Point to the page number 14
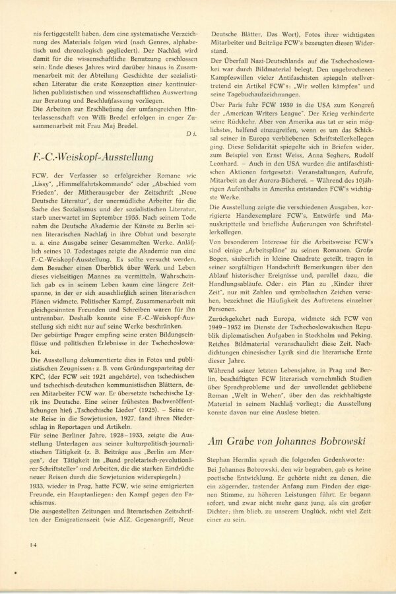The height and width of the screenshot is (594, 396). click(32, 544)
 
